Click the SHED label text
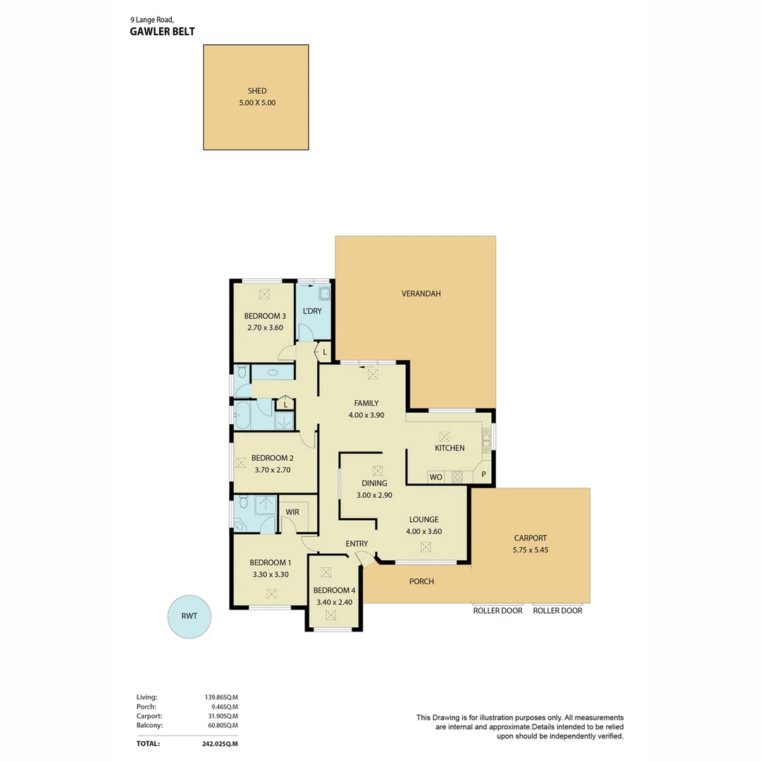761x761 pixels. point(256,91)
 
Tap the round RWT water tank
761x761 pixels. point(189,616)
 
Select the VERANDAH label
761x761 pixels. point(421,294)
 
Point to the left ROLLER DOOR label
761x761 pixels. point(497,611)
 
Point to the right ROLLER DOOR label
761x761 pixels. point(557,611)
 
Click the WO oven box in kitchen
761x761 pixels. point(435,477)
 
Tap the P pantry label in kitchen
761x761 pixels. point(483,475)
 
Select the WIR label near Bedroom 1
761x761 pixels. point(292,512)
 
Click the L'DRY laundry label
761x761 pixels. point(311,311)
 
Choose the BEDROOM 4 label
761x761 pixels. point(335,590)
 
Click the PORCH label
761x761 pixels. point(421,581)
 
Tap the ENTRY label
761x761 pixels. point(357,543)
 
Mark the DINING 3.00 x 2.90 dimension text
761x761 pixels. point(374,495)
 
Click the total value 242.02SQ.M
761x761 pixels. point(220,743)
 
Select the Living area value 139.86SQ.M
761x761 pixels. point(221,697)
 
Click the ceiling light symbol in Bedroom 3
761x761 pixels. point(264,295)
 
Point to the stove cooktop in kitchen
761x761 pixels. point(457,477)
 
